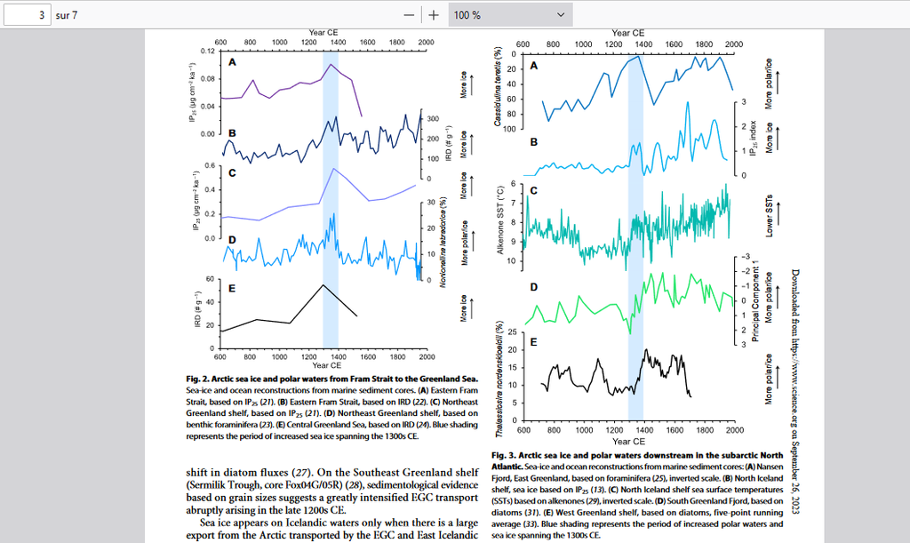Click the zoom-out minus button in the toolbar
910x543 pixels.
coord(408,15)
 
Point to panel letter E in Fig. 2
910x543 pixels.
coord(231,288)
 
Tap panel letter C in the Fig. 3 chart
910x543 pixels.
coord(534,190)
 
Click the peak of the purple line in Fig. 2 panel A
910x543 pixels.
coord(331,64)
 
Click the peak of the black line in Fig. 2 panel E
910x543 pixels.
coord(323,284)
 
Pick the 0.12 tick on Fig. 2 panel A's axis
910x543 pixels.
coord(205,51)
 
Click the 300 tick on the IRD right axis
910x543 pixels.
coord(434,118)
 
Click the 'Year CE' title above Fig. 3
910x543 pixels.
coord(627,33)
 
